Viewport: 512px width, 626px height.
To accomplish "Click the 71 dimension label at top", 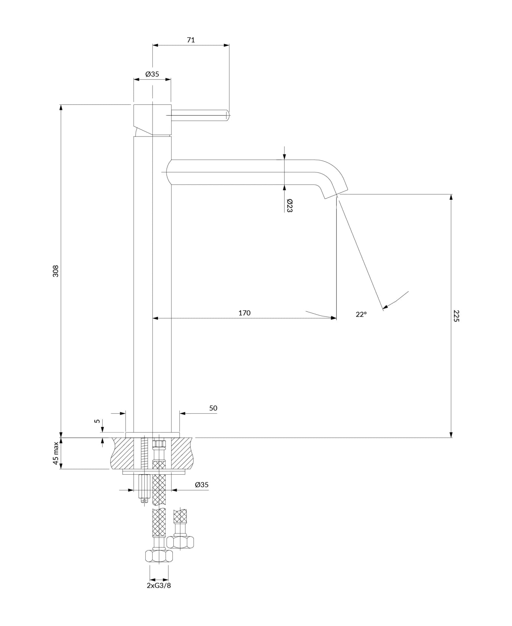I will [x=191, y=40].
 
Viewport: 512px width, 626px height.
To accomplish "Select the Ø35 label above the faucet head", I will [x=152, y=74].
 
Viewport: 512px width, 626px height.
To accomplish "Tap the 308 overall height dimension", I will [x=56, y=271].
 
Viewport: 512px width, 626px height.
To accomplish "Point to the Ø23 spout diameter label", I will [x=289, y=206].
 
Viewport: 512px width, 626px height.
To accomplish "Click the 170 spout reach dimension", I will [x=244, y=313].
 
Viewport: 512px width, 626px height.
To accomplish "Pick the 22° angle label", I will [x=361, y=315].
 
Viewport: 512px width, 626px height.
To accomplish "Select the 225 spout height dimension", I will [x=457, y=316].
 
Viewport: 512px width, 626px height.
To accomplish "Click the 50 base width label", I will [x=213, y=408].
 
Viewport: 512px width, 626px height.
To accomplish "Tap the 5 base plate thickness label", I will [x=98, y=421].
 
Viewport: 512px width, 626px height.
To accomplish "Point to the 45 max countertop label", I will [x=56, y=453].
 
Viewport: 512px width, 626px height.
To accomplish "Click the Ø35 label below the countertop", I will [x=202, y=485].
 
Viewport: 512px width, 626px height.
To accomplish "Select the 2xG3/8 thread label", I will [x=159, y=585].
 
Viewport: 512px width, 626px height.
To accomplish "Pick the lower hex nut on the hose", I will [x=159, y=556].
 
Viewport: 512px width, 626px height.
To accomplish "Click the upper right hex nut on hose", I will [x=180, y=542].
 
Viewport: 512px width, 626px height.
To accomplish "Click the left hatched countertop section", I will [x=123, y=453].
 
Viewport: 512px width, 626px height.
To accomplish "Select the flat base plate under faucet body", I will [x=152, y=434].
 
